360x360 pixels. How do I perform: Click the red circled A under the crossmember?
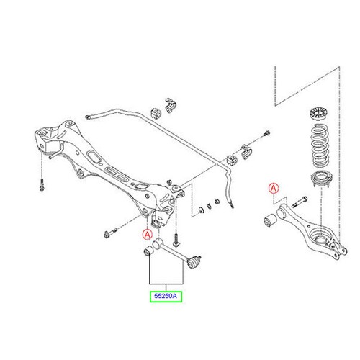147,235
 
